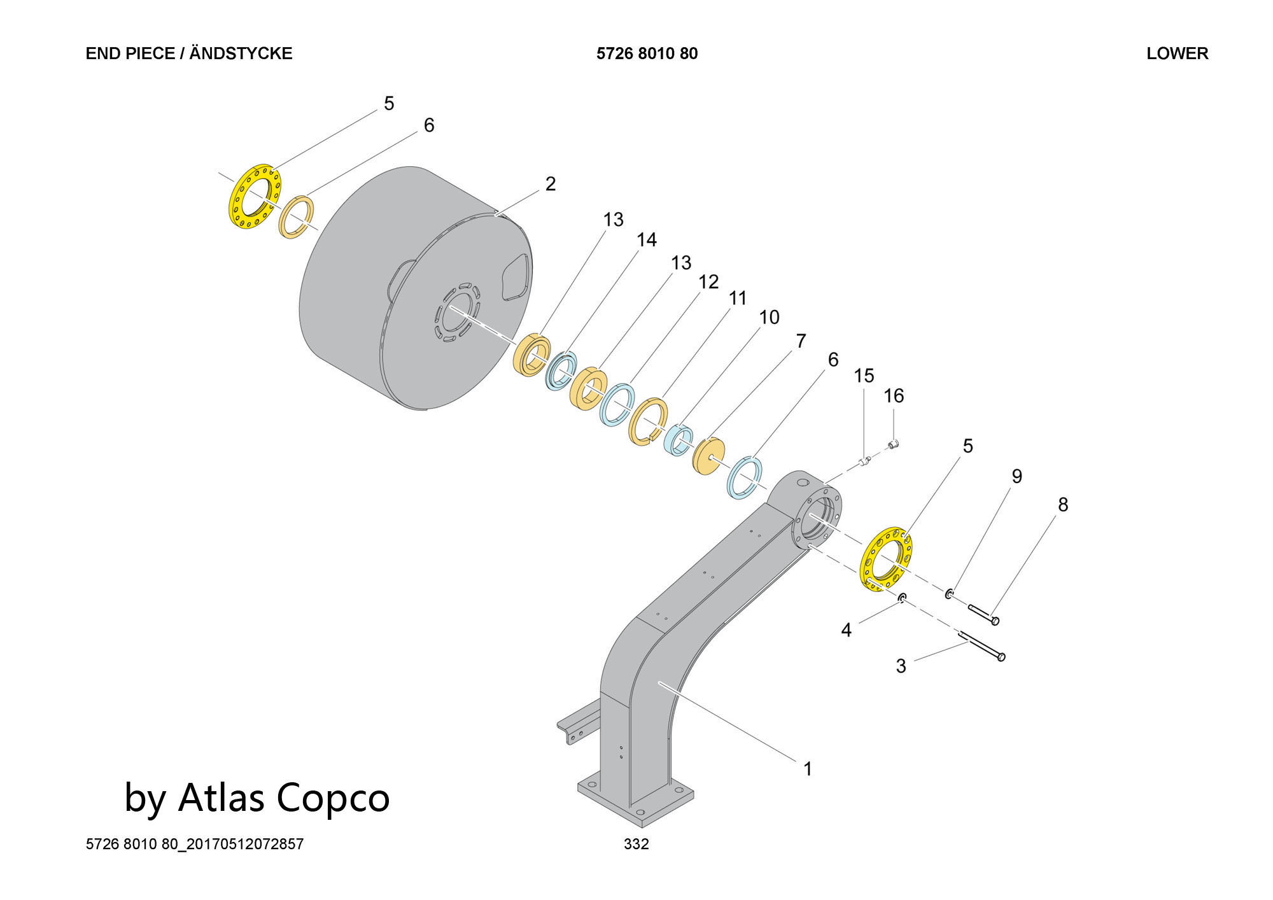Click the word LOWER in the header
[x=1177, y=53]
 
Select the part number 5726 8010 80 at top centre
[x=647, y=53]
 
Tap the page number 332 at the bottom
[x=636, y=844]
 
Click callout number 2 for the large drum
[x=551, y=184]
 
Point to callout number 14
[x=647, y=240]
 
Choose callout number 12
[x=708, y=282]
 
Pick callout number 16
[x=894, y=396]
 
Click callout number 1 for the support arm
[x=808, y=769]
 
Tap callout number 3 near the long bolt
[x=901, y=666]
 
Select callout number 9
[x=1016, y=477]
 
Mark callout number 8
[x=1063, y=505]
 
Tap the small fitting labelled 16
[x=893, y=444]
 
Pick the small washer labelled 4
[x=902, y=598]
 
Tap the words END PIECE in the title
[x=130, y=53]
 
